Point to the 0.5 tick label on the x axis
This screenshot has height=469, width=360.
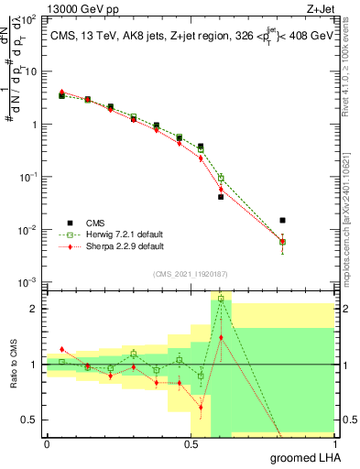click(191, 443)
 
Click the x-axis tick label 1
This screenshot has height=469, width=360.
click(334, 443)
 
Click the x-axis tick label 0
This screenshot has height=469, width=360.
click(47, 443)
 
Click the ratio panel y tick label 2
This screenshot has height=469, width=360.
click(35, 309)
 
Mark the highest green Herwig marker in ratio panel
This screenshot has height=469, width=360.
click(221, 299)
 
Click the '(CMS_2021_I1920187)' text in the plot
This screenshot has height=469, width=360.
click(191, 273)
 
